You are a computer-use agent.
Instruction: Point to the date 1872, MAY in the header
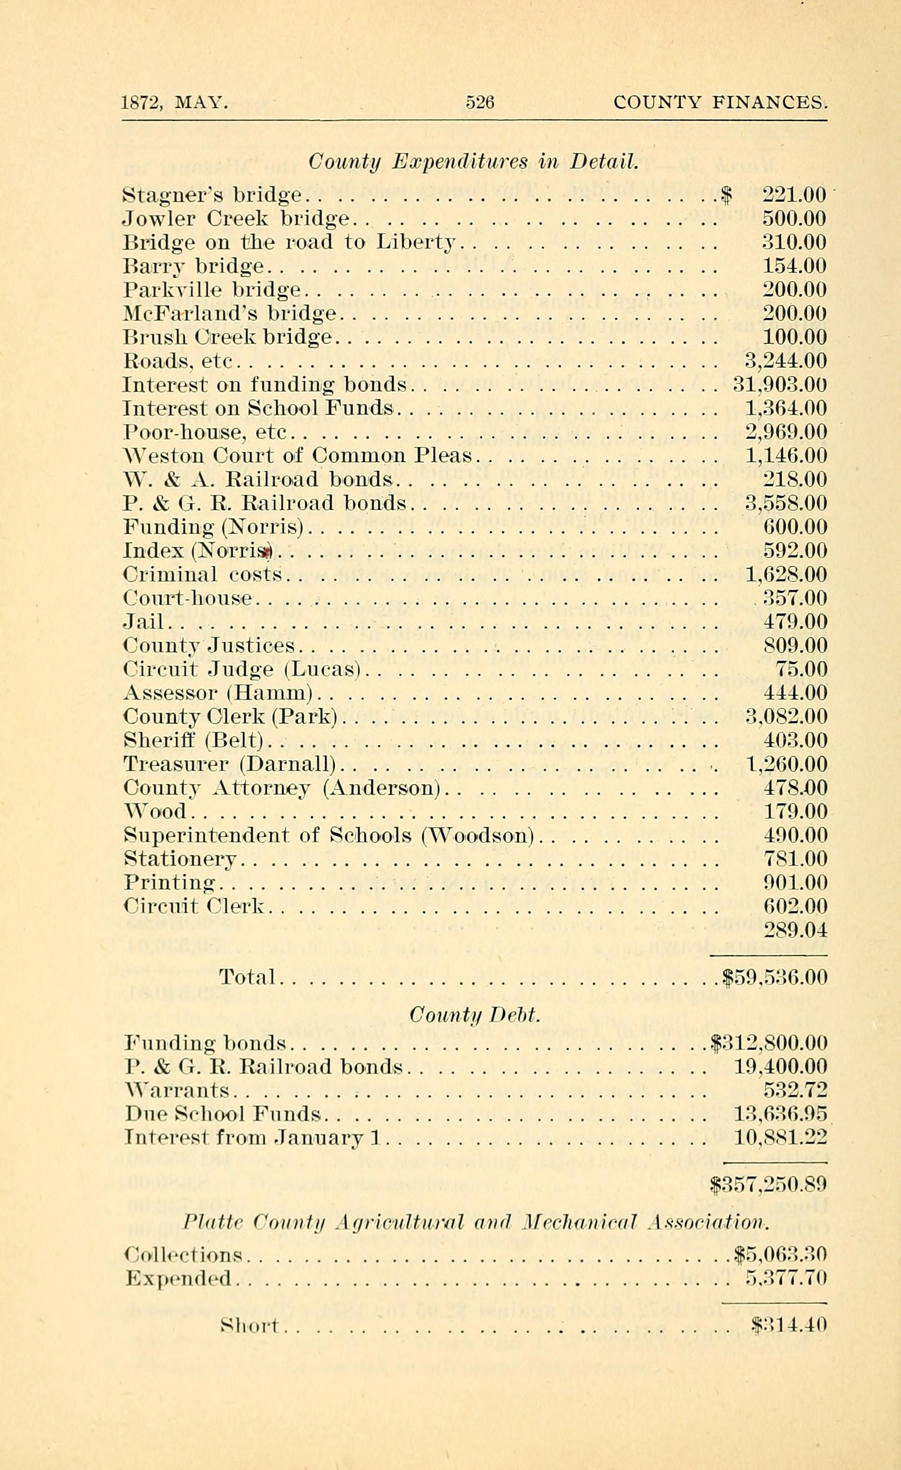tap(174, 103)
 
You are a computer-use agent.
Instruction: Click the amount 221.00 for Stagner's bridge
tap(794, 195)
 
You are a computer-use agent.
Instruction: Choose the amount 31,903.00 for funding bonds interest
tap(779, 385)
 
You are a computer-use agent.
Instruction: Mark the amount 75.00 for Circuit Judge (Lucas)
tap(801, 669)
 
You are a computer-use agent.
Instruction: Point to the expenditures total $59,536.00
tap(774, 977)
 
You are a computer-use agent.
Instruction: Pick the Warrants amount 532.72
tap(795, 1091)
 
